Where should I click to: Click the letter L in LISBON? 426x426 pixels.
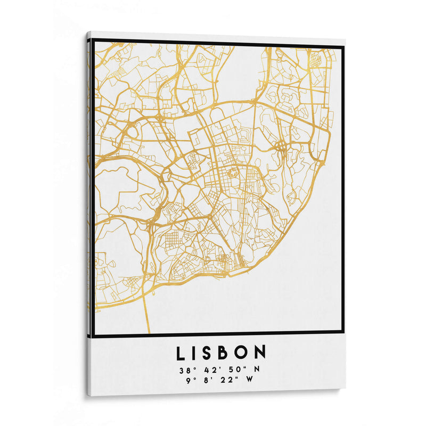182,353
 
